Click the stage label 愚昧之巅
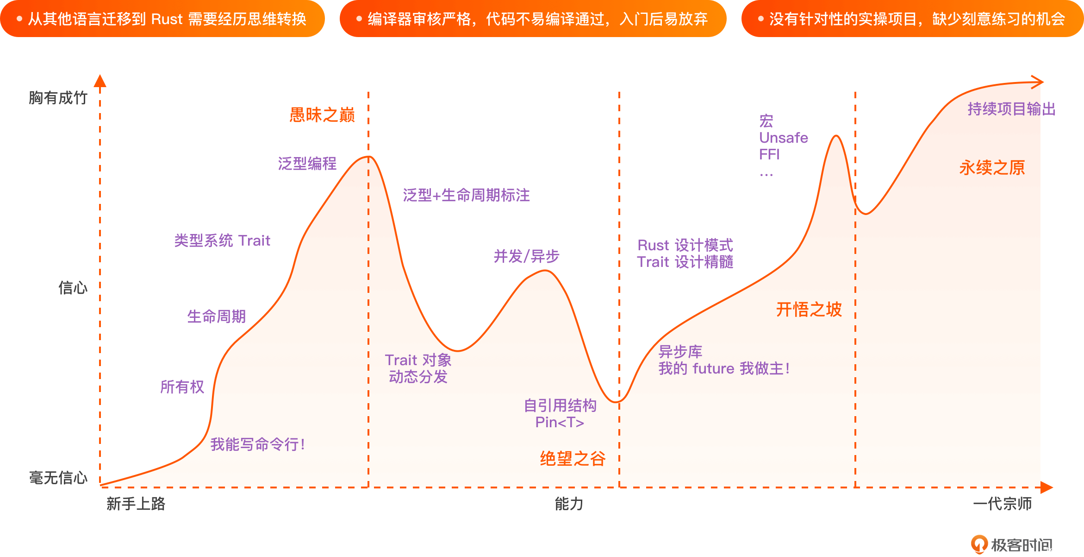tap(322, 114)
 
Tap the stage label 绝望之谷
tap(573, 458)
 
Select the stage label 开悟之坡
tap(809, 309)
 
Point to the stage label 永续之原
tap(992, 167)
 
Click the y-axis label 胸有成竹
tap(58, 98)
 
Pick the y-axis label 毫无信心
tap(58, 477)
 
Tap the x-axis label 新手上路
tap(136, 503)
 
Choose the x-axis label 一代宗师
tap(1002, 503)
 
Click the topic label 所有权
tap(182, 386)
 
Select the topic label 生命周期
tap(216, 316)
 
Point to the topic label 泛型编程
tap(307, 163)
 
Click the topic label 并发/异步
tap(526, 256)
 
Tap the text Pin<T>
tap(560, 422)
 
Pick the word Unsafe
tap(783, 138)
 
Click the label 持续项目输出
tap(1011, 109)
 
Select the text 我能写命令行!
tap(257, 444)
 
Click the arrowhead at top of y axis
tap(100, 81)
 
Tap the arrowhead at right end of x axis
tap(1047, 487)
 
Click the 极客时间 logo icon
tap(979, 544)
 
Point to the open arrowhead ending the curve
tap(1038, 82)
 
